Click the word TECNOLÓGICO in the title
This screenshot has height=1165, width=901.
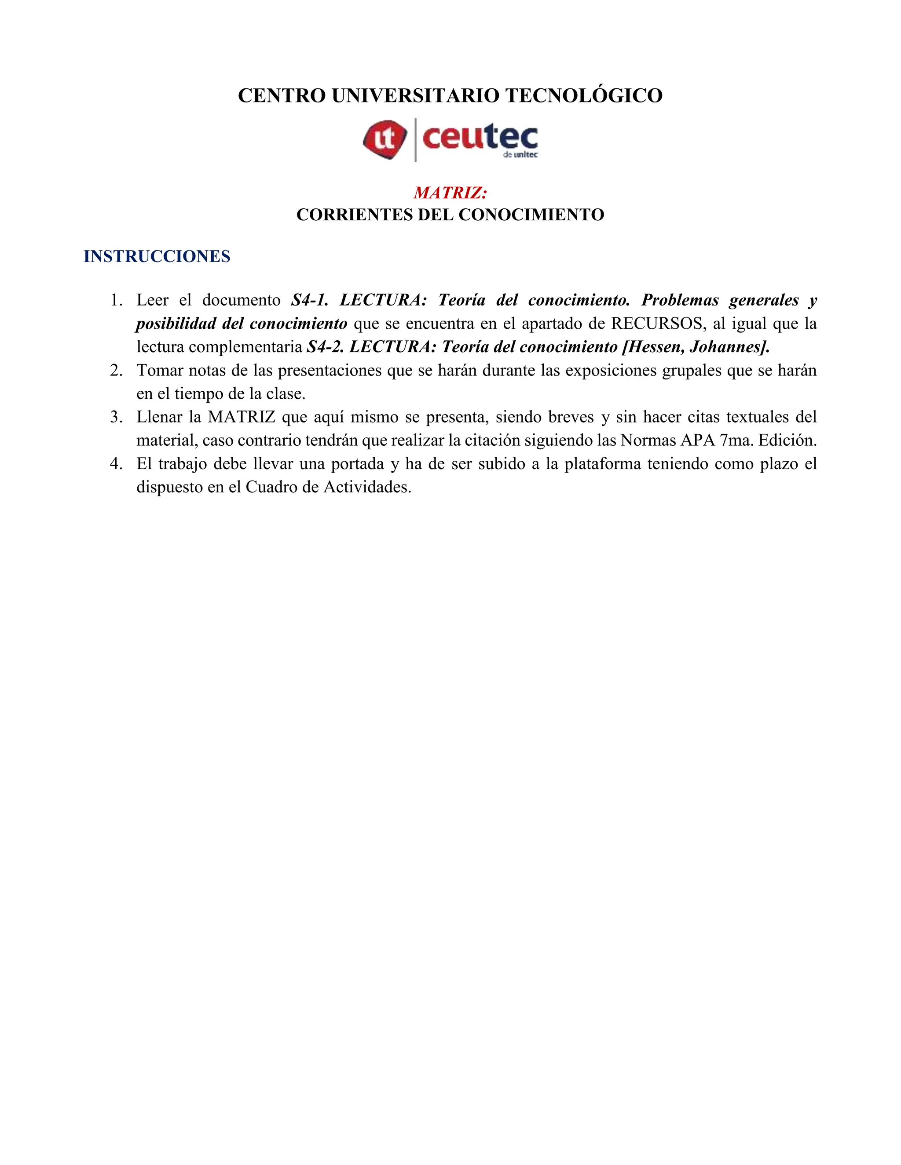click(583, 96)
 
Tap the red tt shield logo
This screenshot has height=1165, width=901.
click(385, 139)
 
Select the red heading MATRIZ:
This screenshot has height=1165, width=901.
click(450, 193)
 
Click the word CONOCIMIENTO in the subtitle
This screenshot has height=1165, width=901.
click(531, 215)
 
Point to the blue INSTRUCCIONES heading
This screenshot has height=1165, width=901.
click(157, 257)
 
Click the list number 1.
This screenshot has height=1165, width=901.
click(116, 300)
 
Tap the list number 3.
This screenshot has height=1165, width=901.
click(116, 417)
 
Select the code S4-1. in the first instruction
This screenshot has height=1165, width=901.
click(310, 300)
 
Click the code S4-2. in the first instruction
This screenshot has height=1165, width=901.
click(325, 347)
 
